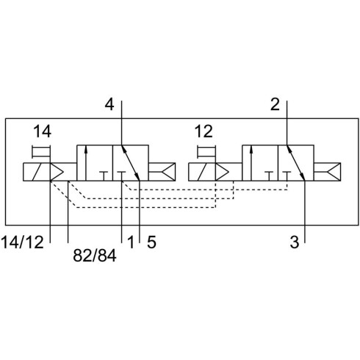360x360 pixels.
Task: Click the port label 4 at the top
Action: (109, 104)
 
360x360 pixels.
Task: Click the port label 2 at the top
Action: (275, 104)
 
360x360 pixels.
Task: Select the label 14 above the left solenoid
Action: (42, 132)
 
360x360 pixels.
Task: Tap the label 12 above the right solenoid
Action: (204, 132)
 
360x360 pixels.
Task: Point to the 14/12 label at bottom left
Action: (23, 242)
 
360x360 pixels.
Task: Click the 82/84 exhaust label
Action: (95, 256)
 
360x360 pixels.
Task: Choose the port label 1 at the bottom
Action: (131, 242)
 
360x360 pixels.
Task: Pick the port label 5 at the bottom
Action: (151, 242)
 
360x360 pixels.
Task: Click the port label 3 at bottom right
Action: (295, 242)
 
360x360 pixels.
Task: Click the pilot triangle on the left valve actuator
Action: (56, 172)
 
